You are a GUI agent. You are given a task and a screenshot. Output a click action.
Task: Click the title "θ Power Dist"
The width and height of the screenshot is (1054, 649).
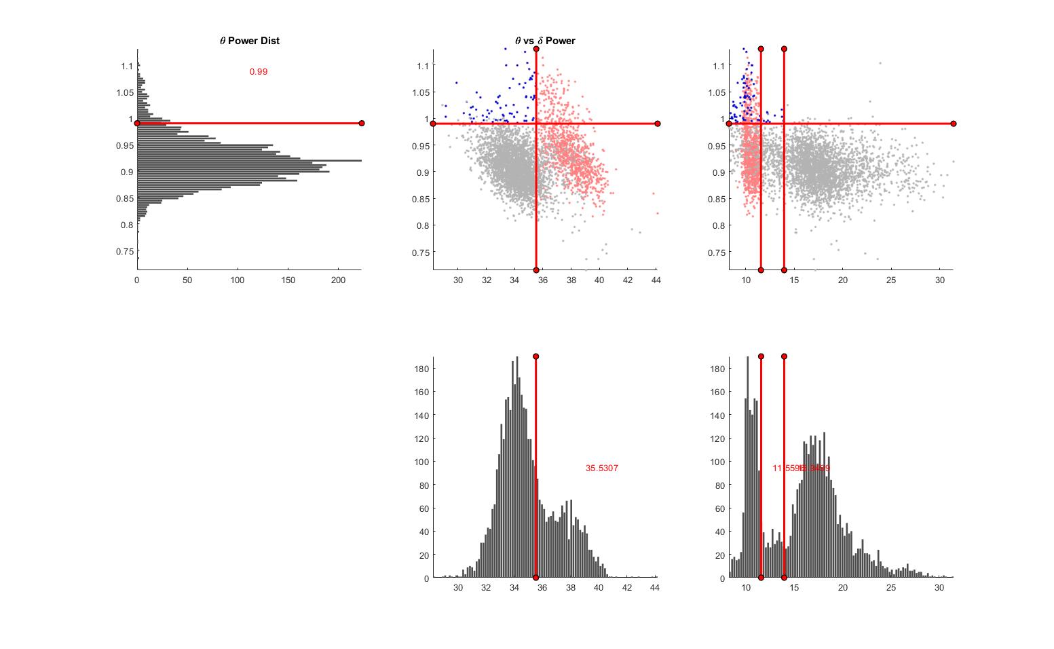(249, 41)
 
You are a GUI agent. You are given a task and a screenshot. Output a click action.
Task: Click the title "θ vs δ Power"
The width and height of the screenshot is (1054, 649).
(545, 41)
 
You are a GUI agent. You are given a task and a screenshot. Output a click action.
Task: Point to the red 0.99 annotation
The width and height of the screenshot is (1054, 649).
(259, 72)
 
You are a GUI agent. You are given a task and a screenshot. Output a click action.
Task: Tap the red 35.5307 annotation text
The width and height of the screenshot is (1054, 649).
(602, 468)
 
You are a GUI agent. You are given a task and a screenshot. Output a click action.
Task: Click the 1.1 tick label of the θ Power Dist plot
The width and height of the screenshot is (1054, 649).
(127, 66)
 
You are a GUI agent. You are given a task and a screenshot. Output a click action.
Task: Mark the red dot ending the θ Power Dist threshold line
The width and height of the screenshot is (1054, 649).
(362, 123)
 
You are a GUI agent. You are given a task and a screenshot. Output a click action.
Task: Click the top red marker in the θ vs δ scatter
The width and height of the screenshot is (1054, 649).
(536, 49)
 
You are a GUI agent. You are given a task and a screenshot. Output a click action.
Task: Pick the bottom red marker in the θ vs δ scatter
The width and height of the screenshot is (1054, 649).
(536, 270)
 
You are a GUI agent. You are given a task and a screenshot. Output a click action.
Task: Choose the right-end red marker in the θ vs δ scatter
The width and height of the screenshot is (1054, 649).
(658, 124)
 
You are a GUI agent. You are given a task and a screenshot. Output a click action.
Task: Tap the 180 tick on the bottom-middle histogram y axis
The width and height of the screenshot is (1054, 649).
(421, 369)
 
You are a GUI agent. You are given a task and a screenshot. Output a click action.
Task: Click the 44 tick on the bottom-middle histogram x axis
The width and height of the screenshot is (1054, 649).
(655, 588)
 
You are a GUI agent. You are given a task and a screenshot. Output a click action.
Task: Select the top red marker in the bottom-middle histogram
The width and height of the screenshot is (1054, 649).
(536, 356)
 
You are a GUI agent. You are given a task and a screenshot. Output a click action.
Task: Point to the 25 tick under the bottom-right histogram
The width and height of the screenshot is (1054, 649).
(891, 588)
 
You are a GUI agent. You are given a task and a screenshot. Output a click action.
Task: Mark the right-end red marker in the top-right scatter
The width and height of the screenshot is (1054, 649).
(954, 124)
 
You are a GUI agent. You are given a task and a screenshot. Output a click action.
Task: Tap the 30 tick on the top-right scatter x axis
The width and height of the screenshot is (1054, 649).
(940, 280)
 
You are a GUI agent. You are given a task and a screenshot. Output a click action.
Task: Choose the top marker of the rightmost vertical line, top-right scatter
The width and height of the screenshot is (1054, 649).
(784, 49)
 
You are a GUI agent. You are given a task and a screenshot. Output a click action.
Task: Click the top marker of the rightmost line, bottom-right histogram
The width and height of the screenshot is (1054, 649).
(784, 356)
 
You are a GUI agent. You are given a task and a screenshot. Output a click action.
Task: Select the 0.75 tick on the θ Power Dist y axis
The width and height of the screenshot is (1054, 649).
(124, 252)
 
